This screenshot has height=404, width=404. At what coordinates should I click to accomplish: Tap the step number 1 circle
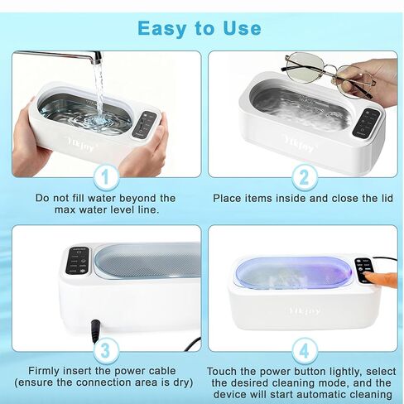[105, 176]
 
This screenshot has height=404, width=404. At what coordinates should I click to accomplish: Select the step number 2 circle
[303, 176]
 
